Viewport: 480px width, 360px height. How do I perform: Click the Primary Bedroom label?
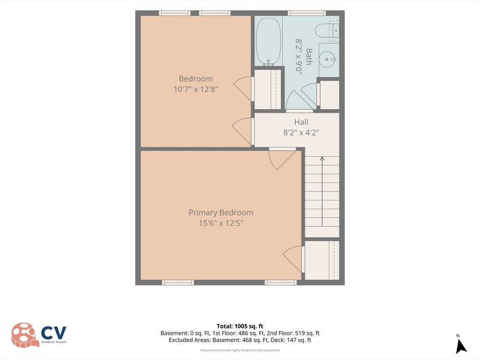coord(221,212)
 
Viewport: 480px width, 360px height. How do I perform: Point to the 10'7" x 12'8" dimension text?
coord(196,90)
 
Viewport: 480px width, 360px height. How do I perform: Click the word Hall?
coord(301,122)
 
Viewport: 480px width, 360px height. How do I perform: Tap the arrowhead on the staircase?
coord(322,158)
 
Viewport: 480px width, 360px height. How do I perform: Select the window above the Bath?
coord(307,13)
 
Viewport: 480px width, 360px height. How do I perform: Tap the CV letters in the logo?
coord(54,333)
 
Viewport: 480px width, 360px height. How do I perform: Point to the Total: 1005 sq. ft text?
coord(240,326)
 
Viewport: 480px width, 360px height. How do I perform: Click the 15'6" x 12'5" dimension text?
coord(221,223)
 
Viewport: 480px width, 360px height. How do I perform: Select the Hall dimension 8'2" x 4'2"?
coord(301,133)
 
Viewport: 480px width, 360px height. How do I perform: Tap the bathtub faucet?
coord(269,63)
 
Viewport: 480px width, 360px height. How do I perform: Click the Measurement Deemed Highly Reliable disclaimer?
coord(240,350)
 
